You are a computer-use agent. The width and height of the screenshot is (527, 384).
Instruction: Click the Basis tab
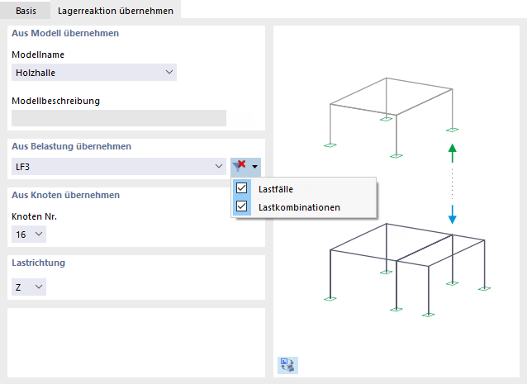(x=26, y=10)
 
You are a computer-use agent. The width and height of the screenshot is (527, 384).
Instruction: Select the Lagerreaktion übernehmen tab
(x=115, y=10)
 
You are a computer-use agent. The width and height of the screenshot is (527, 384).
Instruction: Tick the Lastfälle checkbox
(x=242, y=188)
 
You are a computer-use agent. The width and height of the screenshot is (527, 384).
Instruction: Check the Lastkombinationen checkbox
(x=242, y=206)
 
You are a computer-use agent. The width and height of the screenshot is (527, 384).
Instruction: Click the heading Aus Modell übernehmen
(x=65, y=34)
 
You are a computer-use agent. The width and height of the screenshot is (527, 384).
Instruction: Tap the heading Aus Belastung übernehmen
(x=71, y=146)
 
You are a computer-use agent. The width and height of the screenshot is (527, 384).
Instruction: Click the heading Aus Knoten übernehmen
(x=65, y=196)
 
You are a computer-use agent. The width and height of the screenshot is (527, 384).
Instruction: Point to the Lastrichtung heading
(x=38, y=263)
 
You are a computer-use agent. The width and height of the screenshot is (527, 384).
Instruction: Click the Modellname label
(x=38, y=55)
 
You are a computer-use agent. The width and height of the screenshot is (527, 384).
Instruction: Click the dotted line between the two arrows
(x=452, y=183)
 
